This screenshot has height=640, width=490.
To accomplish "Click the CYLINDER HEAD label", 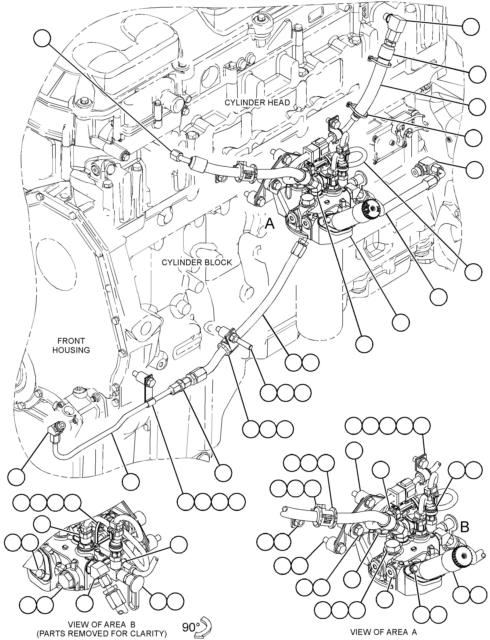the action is [x=257, y=102].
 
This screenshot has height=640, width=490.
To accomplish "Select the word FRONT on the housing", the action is [x=71, y=341].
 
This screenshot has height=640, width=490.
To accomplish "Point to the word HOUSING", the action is [x=71, y=350].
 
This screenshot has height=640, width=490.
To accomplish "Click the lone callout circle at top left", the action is [x=42, y=38].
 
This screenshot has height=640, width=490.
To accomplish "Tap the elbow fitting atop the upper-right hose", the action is [x=395, y=23].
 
